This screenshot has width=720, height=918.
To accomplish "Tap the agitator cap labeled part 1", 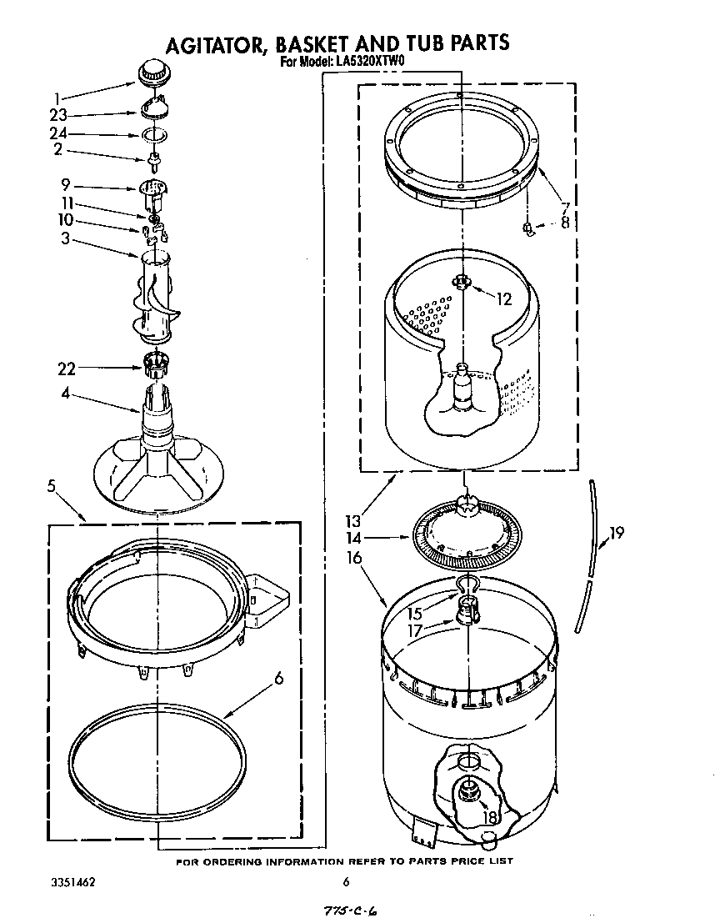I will (151, 72).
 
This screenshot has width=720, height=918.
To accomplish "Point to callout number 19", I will (617, 533).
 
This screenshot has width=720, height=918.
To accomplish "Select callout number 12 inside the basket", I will (503, 299).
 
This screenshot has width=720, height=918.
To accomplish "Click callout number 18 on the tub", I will (490, 818).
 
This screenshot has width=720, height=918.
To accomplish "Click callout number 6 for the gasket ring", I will (278, 678).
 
